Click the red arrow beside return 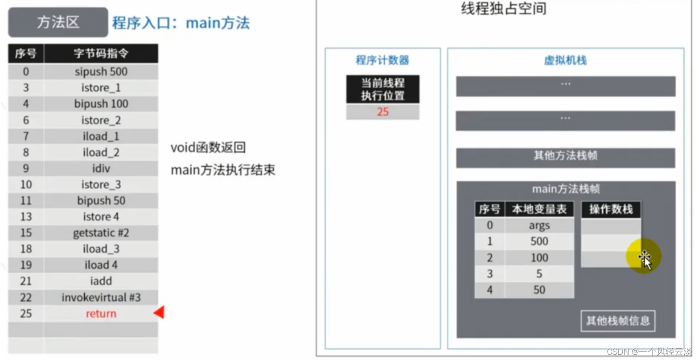coord(159,312)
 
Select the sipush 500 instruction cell coord(101,72)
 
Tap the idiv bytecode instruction coord(101,168)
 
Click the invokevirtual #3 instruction coord(101,297)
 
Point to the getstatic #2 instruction coord(101,233)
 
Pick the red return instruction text coord(101,314)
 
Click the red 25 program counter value coord(383,112)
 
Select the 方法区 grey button coord(58,22)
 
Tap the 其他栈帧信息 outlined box coord(618,321)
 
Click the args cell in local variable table coord(539,225)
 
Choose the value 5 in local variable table coord(539,274)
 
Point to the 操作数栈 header coord(611,209)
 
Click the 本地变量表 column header coord(539,209)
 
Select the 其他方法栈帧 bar coord(565,158)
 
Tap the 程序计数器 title coord(382,60)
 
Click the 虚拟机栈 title coord(565,60)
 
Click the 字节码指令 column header coord(101,53)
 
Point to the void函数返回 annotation coord(208,147)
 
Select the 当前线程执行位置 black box coord(383,89)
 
